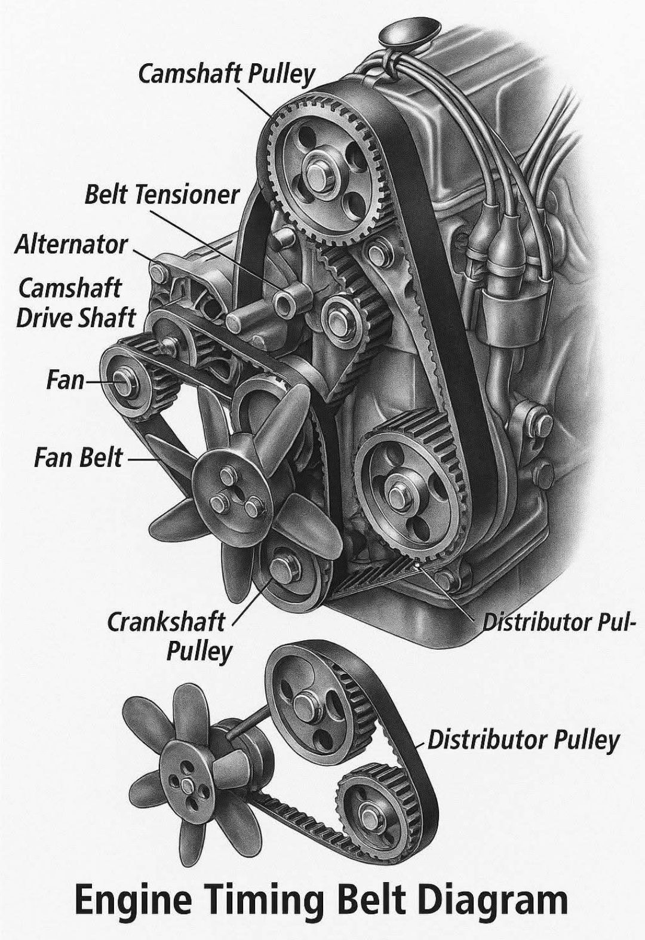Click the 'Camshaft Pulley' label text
[x=226, y=75]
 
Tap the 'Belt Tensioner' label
[x=162, y=195]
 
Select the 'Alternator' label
[x=70, y=244]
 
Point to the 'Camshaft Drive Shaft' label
[x=75, y=303]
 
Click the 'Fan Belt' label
[x=78, y=457]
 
